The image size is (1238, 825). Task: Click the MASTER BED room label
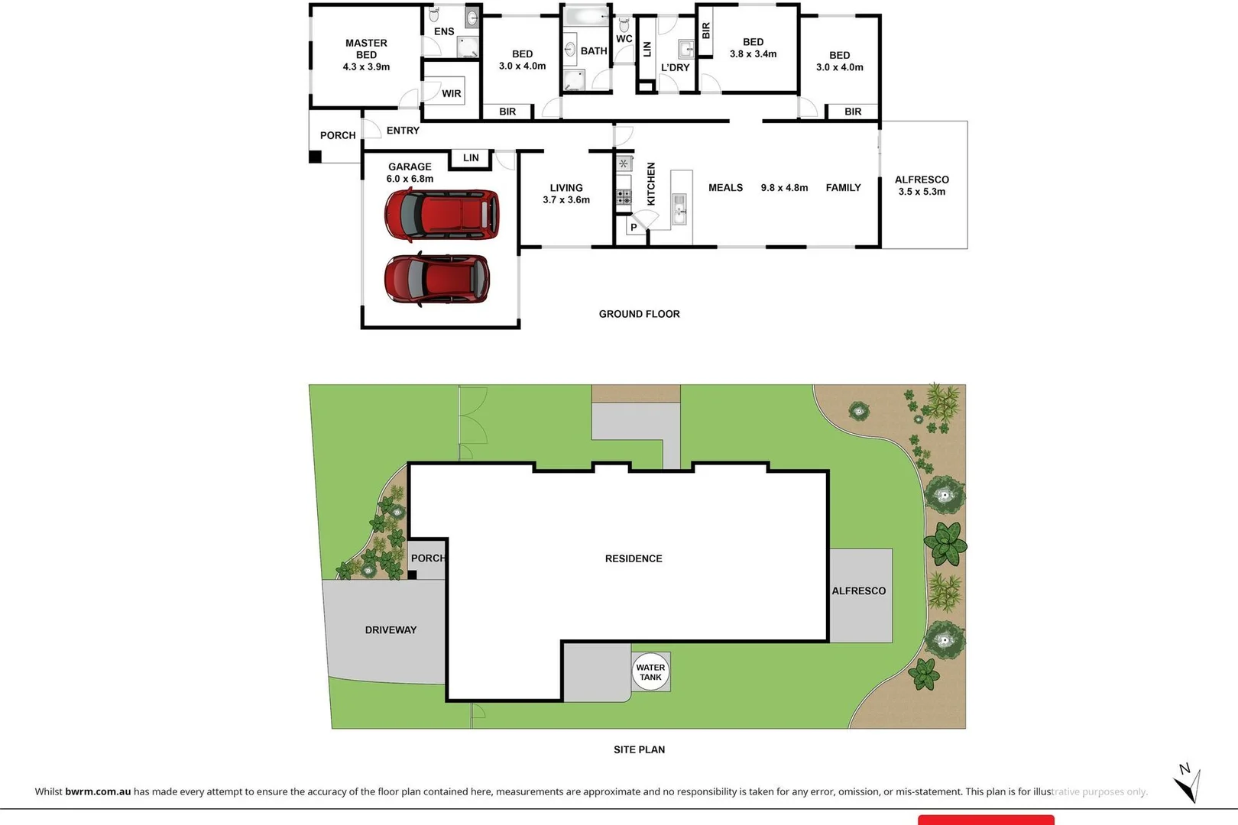(x=366, y=54)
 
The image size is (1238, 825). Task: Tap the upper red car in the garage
(x=442, y=214)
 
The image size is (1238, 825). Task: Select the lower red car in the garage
(x=436, y=279)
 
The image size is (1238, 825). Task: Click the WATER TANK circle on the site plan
(x=650, y=671)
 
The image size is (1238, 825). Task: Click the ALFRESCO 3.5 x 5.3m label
(x=922, y=186)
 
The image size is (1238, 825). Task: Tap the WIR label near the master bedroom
(x=451, y=94)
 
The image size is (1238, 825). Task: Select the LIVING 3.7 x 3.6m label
(x=566, y=193)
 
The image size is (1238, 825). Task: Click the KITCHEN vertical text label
(x=651, y=184)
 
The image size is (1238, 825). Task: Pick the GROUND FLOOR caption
(x=639, y=314)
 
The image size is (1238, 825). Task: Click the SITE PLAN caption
(x=639, y=749)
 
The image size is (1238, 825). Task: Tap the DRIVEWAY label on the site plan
(x=391, y=630)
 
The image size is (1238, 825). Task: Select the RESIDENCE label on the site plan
(x=634, y=558)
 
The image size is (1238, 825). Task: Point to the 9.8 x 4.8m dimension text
(x=784, y=188)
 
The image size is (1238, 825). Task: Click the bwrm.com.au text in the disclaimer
(x=98, y=791)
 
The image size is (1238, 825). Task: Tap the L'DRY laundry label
(x=675, y=67)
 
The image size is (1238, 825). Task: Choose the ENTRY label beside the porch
(x=403, y=131)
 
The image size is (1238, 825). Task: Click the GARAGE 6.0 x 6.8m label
(x=410, y=173)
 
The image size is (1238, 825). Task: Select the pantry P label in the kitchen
(x=634, y=227)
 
